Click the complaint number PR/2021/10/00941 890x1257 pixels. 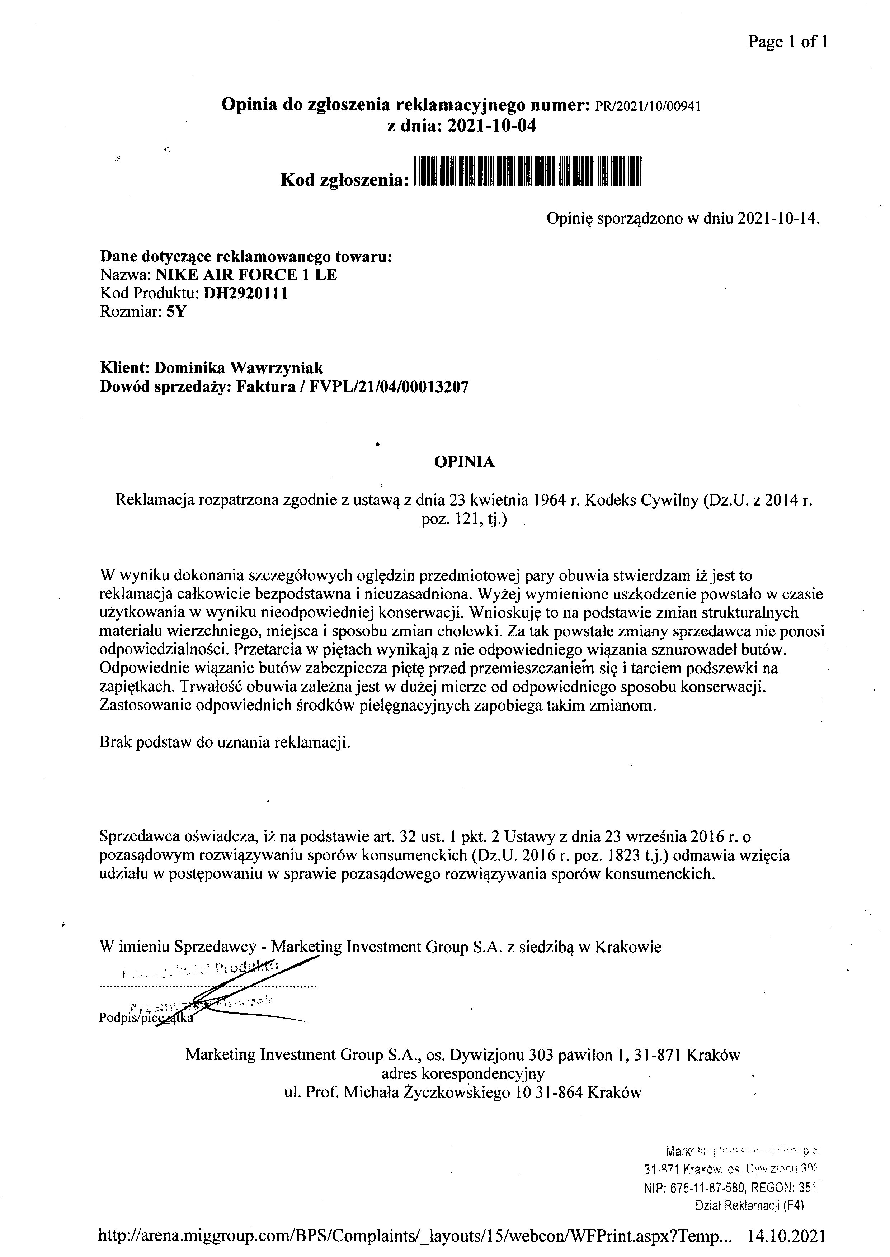(647, 106)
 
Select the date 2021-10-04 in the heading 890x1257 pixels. (491, 127)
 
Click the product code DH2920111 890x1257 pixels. (245, 294)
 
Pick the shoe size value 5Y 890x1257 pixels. (176, 312)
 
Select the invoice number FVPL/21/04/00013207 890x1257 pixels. (389, 387)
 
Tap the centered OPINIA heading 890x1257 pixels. (464, 462)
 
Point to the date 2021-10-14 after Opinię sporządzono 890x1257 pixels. (777, 220)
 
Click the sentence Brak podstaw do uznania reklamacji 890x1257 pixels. (225, 743)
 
